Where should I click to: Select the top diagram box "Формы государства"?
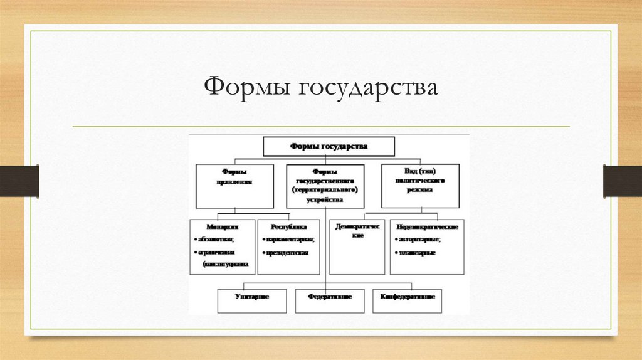[329, 146]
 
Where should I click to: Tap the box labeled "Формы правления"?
[234, 186]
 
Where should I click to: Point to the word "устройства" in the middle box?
[325, 200]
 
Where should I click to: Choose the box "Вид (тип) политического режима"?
[420, 185]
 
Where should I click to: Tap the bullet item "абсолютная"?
[216, 240]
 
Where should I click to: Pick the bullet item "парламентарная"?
[290, 240]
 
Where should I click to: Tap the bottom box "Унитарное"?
[252, 300]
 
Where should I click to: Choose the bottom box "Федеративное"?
[330, 300]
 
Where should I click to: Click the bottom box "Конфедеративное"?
[407, 300]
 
